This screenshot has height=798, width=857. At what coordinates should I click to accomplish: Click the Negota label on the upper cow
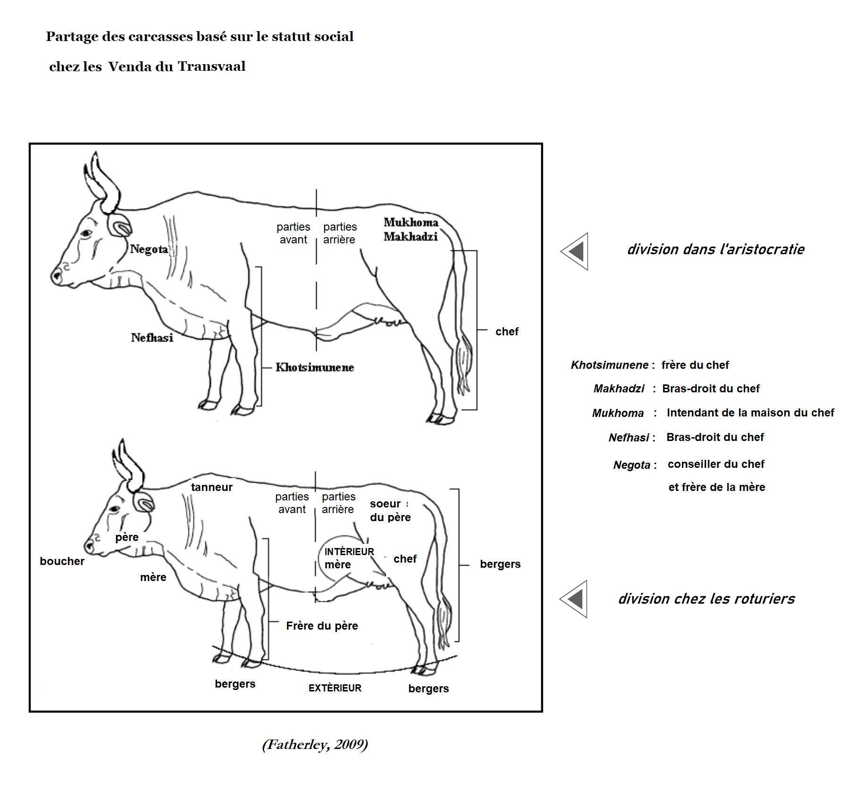149,249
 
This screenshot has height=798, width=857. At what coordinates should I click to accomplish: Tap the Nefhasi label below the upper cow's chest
152,338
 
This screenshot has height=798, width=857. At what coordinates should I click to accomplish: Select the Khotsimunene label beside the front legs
314,367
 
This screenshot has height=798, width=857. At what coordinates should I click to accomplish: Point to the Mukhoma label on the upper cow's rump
411,222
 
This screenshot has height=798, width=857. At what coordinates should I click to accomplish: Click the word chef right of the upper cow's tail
506,332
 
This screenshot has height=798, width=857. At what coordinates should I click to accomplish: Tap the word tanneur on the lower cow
211,487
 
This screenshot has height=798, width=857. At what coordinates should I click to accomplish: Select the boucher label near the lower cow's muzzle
62,561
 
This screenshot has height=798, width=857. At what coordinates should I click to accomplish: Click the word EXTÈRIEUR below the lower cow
335,688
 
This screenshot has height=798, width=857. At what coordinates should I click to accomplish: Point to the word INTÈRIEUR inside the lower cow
349,552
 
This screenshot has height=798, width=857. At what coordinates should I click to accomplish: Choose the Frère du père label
322,626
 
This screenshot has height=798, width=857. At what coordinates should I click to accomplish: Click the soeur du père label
390,510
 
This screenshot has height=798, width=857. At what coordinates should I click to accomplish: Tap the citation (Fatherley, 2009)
315,744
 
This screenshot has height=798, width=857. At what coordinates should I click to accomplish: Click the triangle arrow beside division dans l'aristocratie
575,251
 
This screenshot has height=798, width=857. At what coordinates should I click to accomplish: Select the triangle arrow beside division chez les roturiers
574,599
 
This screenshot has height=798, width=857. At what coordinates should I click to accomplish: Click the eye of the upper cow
86,233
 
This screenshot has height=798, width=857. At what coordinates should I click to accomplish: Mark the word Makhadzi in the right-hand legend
618,389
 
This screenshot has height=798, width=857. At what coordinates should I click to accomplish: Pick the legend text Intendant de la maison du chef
750,413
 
